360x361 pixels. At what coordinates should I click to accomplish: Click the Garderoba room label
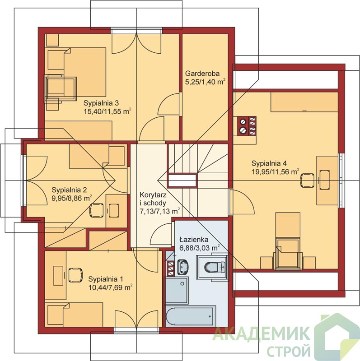(202, 74)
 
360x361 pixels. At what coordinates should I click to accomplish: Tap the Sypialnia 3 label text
(101, 103)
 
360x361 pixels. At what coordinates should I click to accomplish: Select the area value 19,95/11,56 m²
(276, 171)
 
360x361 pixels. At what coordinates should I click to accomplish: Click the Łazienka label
(194, 240)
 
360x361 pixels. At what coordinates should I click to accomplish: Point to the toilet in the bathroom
(215, 267)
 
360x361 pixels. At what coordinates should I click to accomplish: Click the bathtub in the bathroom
(191, 316)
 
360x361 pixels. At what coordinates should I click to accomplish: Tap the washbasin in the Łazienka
(183, 267)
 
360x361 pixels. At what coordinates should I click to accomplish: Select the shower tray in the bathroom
(177, 290)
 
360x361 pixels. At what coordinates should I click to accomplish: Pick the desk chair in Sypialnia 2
(96, 210)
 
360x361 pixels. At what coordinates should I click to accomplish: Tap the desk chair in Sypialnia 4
(307, 180)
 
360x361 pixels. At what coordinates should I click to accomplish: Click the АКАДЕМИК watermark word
(261, 333)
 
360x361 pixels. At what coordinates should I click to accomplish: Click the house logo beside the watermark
(337, 337)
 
